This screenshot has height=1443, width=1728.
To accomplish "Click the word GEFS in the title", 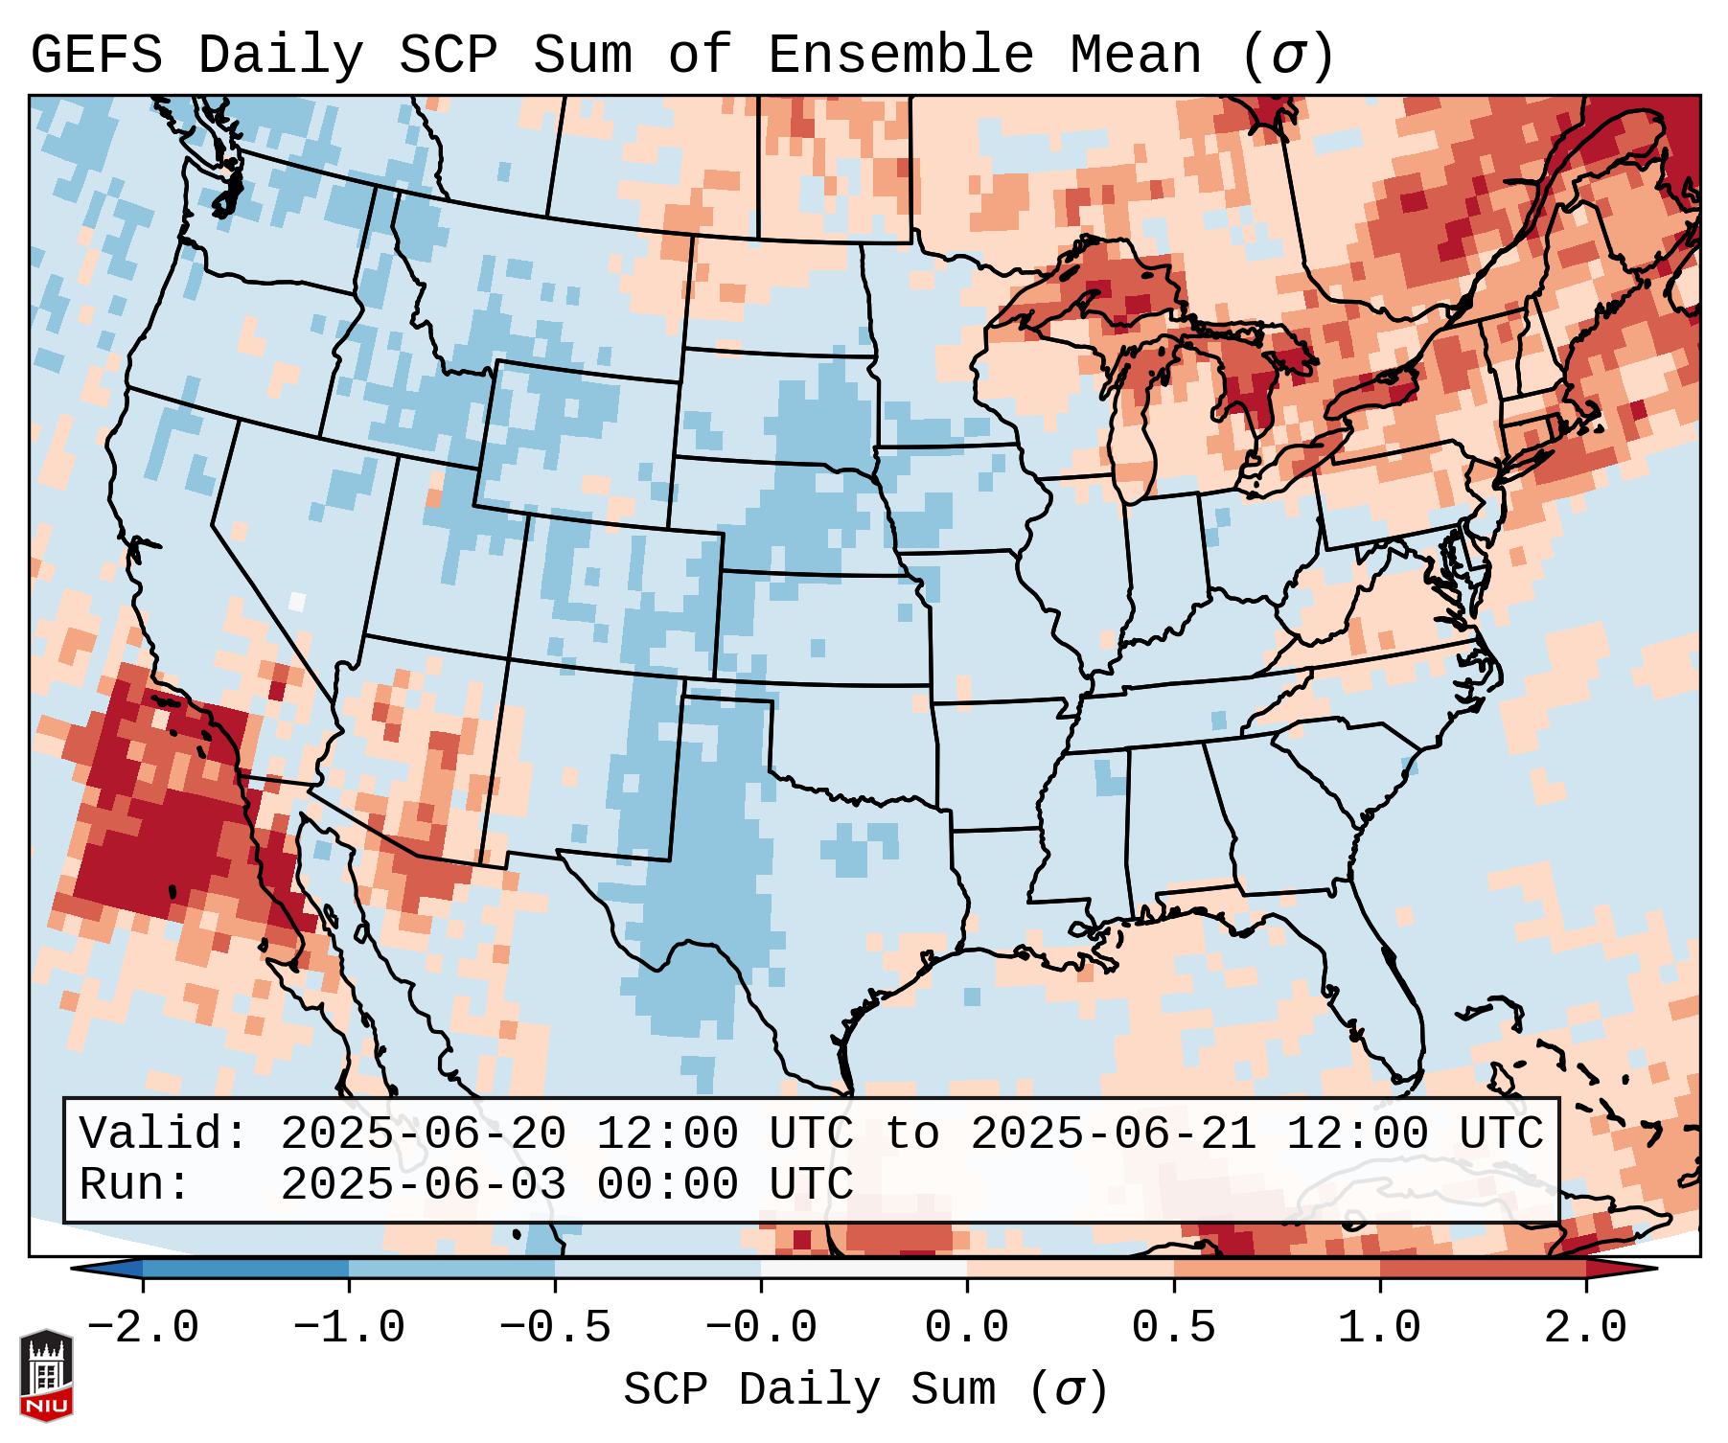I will click(x=97, y=56).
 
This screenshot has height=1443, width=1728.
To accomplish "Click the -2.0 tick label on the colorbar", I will click(x=143, y=1328).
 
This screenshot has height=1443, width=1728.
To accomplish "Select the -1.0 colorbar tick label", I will click(x=349, y=1328).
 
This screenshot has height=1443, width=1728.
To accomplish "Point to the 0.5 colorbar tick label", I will click(x=1173, y=1328).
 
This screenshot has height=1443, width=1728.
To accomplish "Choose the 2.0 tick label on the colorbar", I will click(x=1586, y=1328).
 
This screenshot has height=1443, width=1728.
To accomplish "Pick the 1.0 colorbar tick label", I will click(x=1379, y=1328).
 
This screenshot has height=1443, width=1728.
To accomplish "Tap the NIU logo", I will click(x=46, y=1375).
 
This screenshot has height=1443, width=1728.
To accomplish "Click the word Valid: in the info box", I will click(x=164, y=1134).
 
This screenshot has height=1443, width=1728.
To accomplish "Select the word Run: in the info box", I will click(x=135, y=1185).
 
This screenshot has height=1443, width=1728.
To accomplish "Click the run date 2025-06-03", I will click(x=423, y=1185).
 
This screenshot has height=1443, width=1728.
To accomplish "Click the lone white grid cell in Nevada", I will click(x=297, y=602).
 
